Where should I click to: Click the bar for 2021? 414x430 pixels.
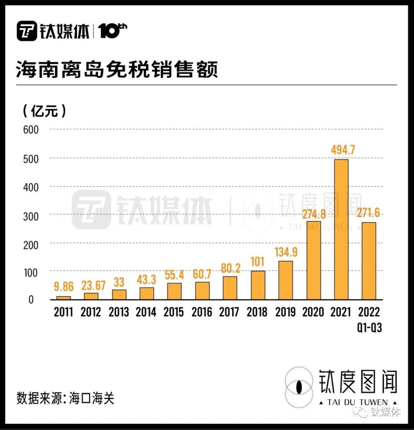(x=341, y=229)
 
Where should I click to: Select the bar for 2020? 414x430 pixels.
(x=314, y=260)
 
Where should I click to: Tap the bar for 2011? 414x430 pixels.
(x=64, y=298)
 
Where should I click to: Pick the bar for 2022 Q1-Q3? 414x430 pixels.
(x=369, y=261)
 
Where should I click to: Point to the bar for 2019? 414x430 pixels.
(x=286, y=280)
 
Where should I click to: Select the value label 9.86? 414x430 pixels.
(x=64, y=286)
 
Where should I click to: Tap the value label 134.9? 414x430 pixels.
(x=286, y=252)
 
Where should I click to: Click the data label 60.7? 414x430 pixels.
(x=202, y=274)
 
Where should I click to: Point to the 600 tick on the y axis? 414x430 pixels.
(x=31, y=130)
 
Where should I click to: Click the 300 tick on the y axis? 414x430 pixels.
(x=31, y=216)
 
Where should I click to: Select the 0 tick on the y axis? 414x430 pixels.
(x=31, y=300)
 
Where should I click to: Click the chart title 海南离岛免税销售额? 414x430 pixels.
(x=117, y=70)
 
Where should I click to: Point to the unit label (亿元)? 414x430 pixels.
(x=44, y=111)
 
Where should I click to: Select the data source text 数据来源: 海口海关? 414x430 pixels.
(x=66, y=398)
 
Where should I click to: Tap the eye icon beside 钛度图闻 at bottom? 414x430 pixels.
(x=300, y=387)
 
